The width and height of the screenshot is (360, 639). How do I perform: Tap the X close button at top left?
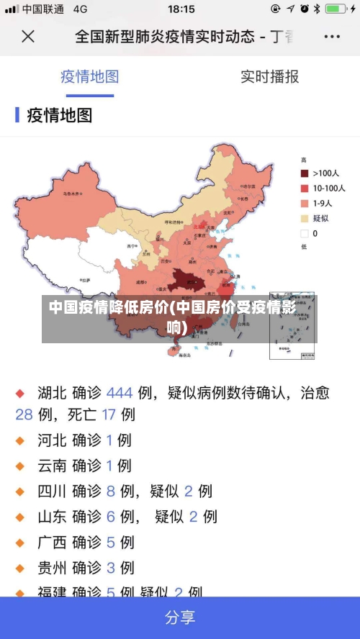pyautogui.click(x=27, y=36)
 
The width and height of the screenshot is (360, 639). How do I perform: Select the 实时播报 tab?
pyautogui.click(x=269, y=76)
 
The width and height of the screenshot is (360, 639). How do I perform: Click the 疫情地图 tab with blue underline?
pyautogui.click(x=90, y=76)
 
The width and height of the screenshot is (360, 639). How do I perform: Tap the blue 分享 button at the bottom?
pyautogui.click(x=180, y=617)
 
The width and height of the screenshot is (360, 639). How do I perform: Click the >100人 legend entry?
pyautogui.click(x=323, y=173)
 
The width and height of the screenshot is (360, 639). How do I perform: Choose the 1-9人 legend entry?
pyautogui.click(x=321, y=203)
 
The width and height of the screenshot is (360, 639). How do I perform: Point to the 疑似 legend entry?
pyautogui.click(x=319, y=218)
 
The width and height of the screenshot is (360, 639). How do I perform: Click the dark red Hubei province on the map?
pyautogui.click(x=189, y=281)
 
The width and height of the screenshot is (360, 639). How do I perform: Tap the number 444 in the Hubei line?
pyautogui.click(x=120, y=393)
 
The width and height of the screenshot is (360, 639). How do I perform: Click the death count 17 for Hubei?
pyautogui.click(x=109, y=414)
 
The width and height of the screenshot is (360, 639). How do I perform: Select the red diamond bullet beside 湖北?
pyautogui.click(x=20, y=394)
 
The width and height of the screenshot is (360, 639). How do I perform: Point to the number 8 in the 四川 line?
pyautogui.click(x=111, y=491)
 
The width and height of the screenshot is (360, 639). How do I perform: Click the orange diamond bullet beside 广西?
pyautogui.click(x=20, y=543)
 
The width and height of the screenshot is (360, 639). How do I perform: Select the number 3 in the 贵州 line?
pyautogui.click(x=111, y=568)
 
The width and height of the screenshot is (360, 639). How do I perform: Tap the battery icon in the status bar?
pyautogui.click(x=335, y=9)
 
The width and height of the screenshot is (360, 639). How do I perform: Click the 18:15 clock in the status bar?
pyautogui.click(x=181, y=9)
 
